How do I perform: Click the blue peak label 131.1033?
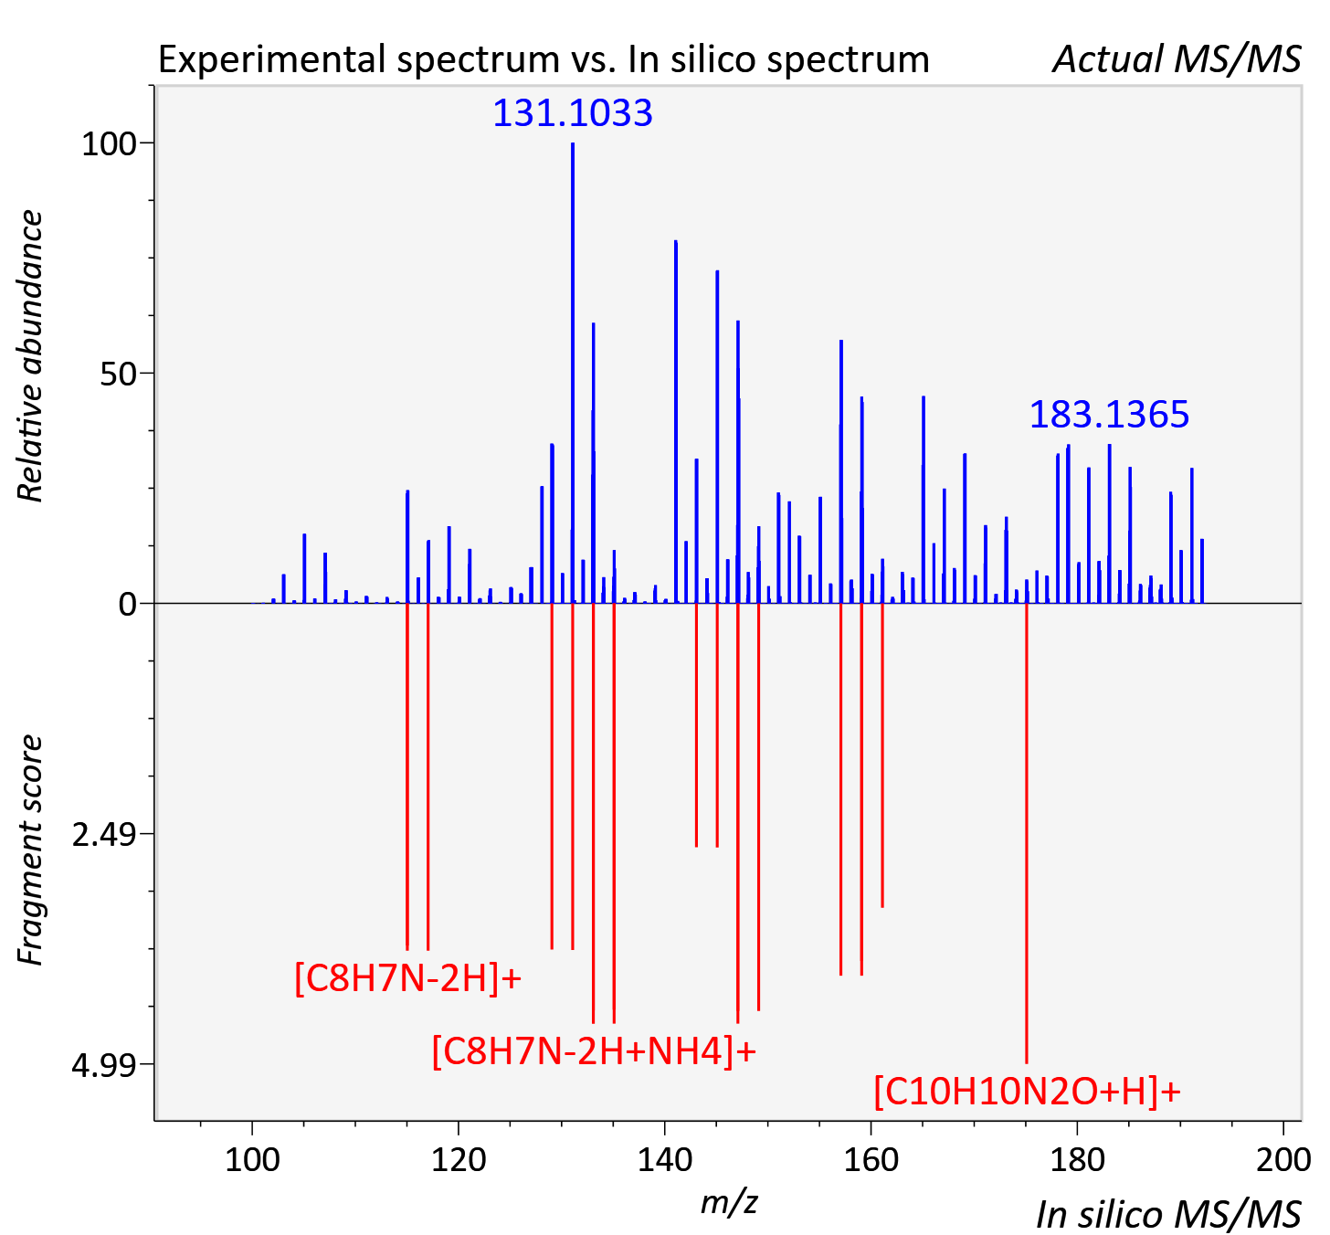pyautogui.click(x=573, y=112)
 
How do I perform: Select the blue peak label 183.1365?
pyautogui.click(x=1109, y=415)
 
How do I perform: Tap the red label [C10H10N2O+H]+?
pyautogui.click(x=1028, y=1091)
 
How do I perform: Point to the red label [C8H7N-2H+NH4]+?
pyautogui.click(x=594, y=1050)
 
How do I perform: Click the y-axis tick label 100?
pyautogui.click(x=109, y=143)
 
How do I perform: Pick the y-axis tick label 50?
pyautogui.click(x=118, y=374)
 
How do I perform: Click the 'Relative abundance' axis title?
pyautogui.click(x=30, y=355)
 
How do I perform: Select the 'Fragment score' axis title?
pyautogui.click(x=30, y=850)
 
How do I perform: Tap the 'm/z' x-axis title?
pyautogui.click(x=729, y=1202)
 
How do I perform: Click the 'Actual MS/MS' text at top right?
pyautogui.click(x=1177, y=59)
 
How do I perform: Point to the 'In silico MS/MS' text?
pyautogui.click(x=1168, y=1215)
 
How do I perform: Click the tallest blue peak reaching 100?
pyautogui.click(x=573, y=373)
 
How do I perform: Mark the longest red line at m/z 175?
pyautogui.click(x=1027, y=833)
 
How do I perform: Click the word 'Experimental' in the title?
pyautogui.click(x=273, y=59)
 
